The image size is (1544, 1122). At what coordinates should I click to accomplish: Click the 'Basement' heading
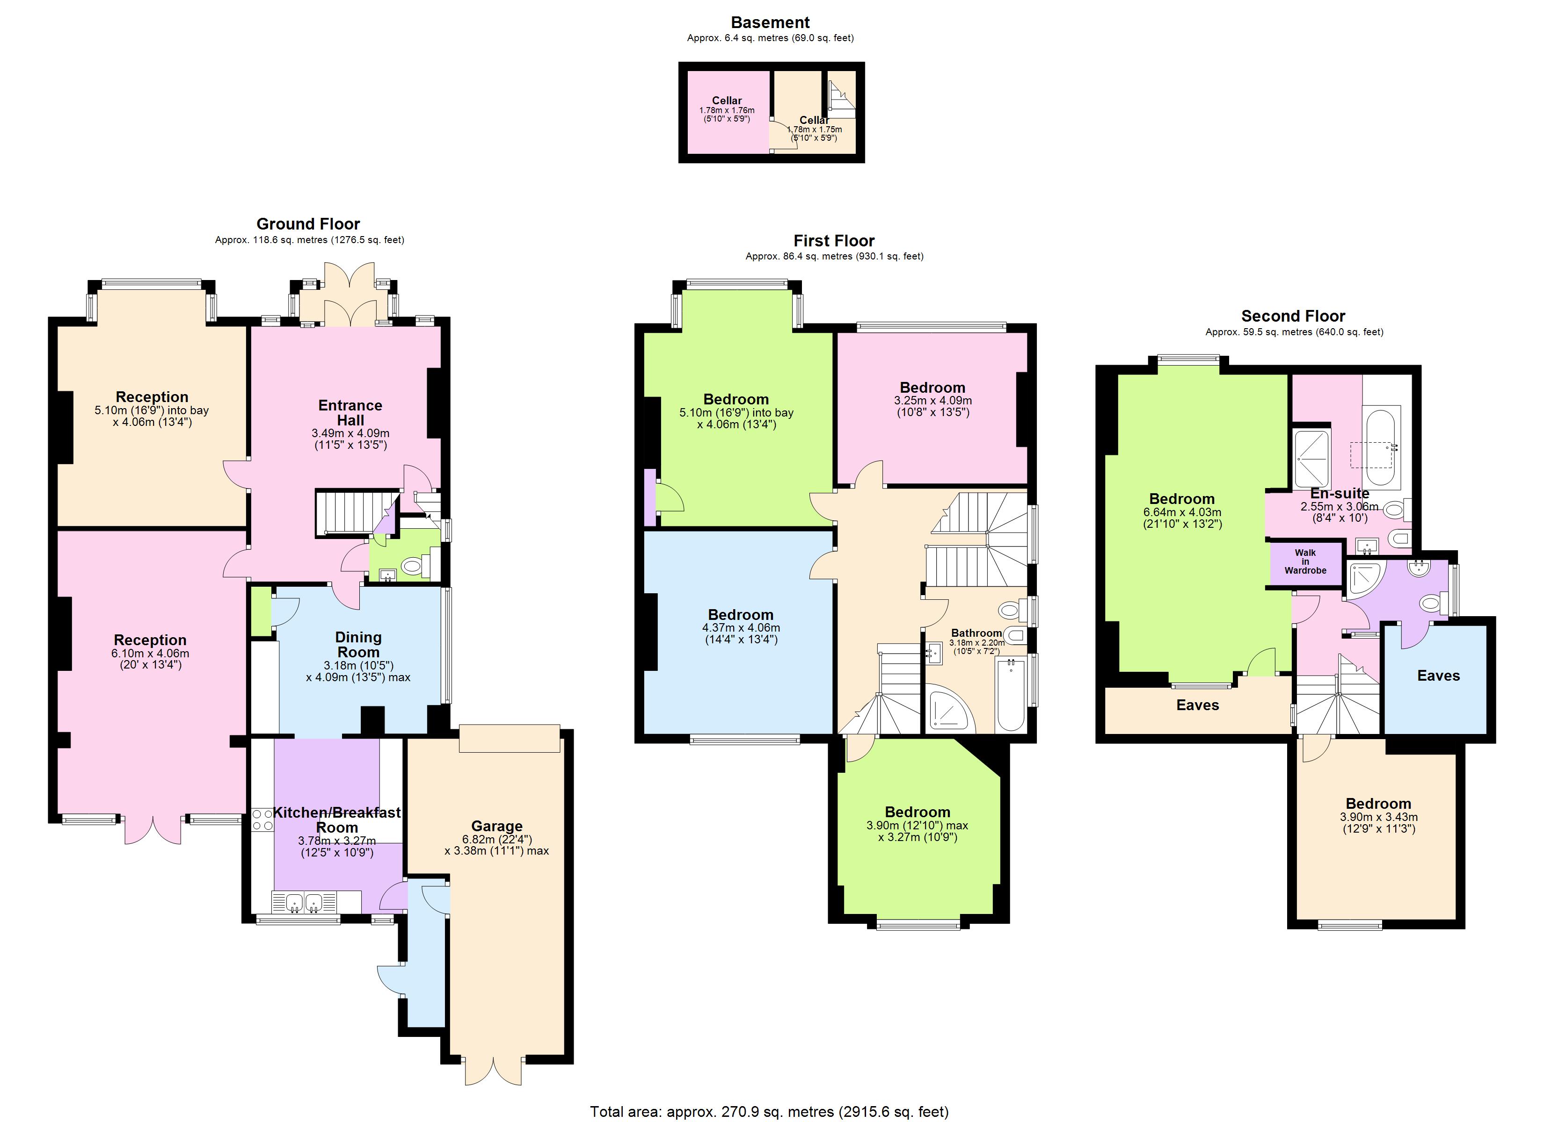tap(770, 22)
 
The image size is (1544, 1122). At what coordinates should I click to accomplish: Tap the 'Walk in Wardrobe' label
tap(1305, 561)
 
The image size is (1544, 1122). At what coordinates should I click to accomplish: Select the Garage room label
tap(496, 826)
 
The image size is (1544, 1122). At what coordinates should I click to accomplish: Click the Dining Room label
tap(358, 644)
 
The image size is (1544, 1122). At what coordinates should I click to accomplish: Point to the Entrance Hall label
tap(350, 412)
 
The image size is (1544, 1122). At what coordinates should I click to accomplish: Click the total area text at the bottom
tap(769, 1112)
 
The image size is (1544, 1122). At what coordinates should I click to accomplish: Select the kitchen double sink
tap(304, 903)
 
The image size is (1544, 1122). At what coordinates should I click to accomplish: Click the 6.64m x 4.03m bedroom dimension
tap(1182, 512)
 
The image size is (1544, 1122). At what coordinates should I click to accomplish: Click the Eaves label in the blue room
tap(1438, 676)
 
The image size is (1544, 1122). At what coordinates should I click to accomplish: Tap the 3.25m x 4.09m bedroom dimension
tap(932, 401)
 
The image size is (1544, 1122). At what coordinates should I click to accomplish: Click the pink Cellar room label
tap(727, 101)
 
